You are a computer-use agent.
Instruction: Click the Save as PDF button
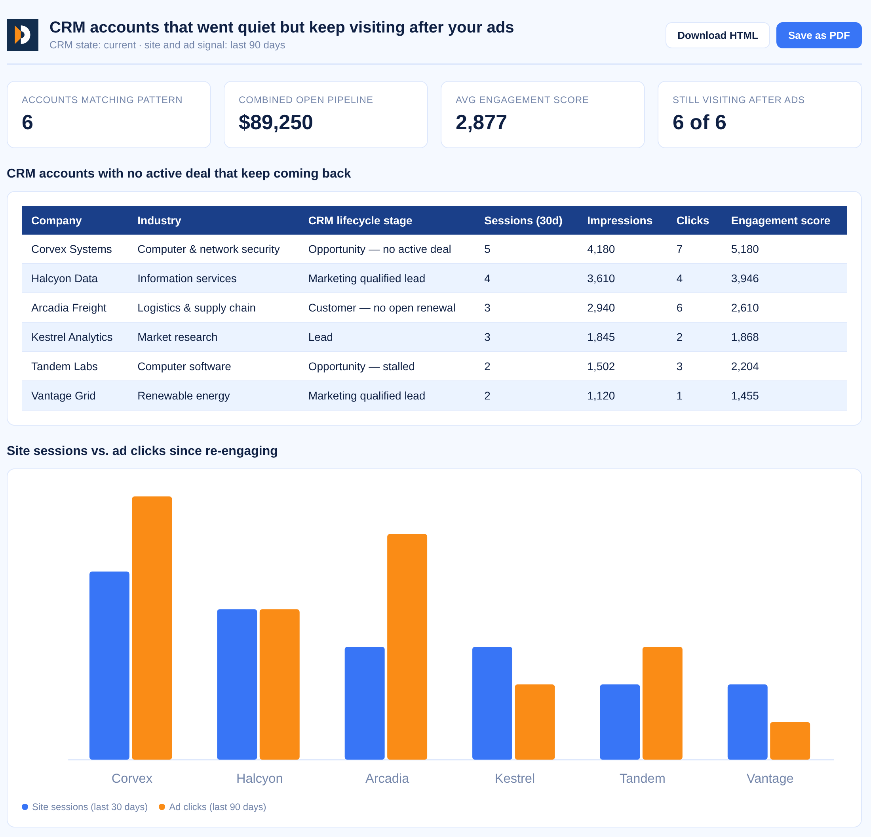[x=819, y=35]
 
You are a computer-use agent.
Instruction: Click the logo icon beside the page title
[x=22, y=35]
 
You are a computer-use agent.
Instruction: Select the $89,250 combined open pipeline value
[x=276, y=122]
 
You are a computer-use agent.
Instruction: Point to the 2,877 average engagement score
[x=481, y=122]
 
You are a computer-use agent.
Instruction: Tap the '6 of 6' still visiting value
[x=699, y=122]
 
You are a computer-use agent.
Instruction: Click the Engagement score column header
[x=780, y=221]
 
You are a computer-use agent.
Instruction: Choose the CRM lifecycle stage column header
[x=360, y=221]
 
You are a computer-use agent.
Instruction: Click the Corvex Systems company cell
[x=72, y=249]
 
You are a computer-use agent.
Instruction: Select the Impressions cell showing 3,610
[x=601, y=279]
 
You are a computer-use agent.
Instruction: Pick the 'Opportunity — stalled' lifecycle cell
[x=361, y=367]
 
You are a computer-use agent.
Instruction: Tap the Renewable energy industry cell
[x=184, y=396]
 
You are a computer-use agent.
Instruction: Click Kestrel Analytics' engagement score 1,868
[x=745, y=337]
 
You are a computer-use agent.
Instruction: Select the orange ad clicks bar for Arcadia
[x=407, y=647]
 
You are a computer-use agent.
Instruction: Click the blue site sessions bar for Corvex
[x=109, y=665]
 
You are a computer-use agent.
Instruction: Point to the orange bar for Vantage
[x=790, y=740]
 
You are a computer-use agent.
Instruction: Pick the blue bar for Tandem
[x=620, y=722]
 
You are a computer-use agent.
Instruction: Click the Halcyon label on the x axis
[x=260, y=778]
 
